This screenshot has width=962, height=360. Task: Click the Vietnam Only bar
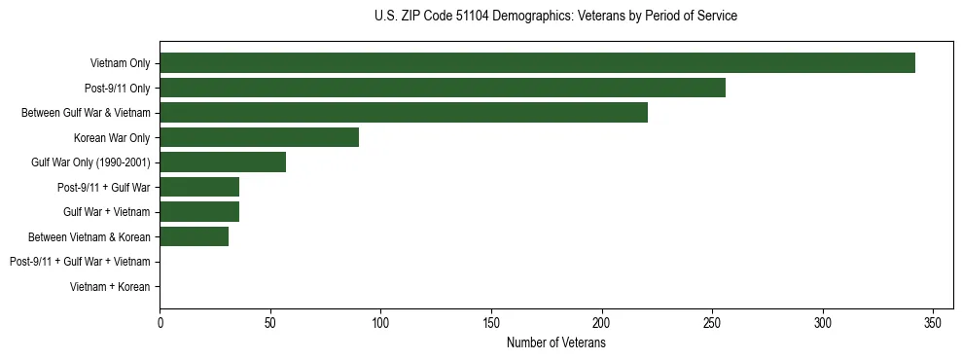(x=537, y=63)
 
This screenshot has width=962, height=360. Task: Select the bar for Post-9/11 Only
(x=443, y=88)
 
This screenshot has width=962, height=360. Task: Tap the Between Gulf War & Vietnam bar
(x=404, y=113)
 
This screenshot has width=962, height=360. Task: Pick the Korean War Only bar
(x=259, y=137)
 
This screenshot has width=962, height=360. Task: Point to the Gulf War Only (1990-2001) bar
(x=223, y=162)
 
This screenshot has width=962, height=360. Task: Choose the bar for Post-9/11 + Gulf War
(x=199, y=187)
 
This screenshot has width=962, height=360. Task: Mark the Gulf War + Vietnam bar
(x=199, y=212)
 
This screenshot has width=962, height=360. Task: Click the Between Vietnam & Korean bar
(x=194, y=236)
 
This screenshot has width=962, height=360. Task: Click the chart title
(x=555, y=17)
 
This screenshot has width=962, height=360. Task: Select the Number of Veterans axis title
(x=555, y=343)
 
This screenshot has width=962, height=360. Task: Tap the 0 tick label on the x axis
(x=160, y=322)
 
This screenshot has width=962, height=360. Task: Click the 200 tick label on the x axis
(x=602, y=322)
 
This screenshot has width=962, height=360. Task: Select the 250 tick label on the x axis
(x=713, y=322)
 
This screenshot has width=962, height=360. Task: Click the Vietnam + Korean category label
(x=110, y=287)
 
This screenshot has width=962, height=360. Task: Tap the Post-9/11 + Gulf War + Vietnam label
(x=80, y=262)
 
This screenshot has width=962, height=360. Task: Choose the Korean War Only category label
(x=112, y=137)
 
